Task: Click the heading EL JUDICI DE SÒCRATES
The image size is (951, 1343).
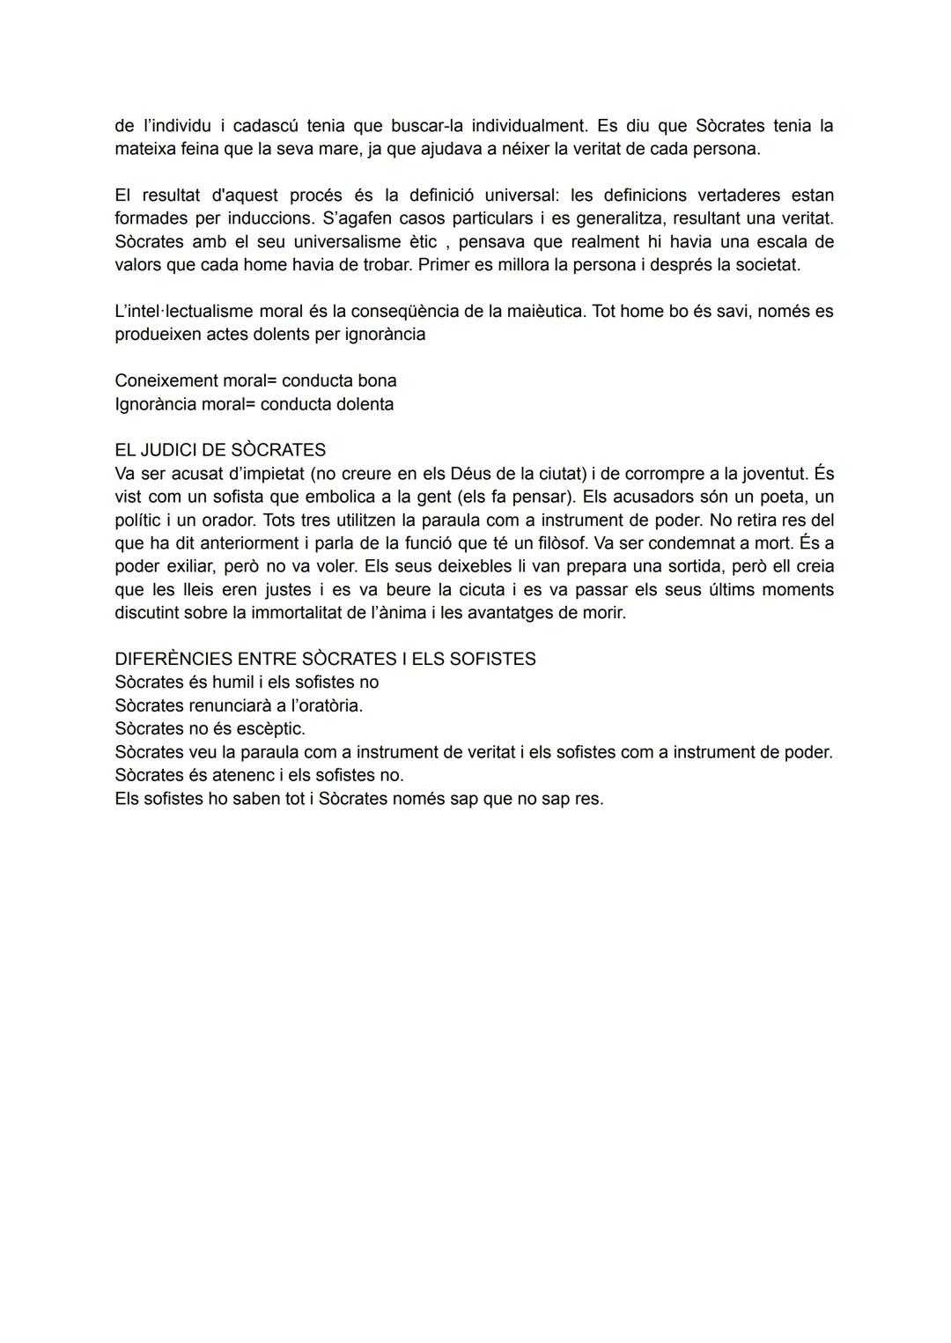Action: click(220, 450)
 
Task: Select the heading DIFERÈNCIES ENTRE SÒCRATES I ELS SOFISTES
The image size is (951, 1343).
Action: click(325, 659)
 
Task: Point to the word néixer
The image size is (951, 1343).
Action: click(526, 149)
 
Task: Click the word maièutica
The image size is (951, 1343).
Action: click(543, 311)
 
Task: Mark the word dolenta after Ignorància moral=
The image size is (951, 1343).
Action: click(359, 404)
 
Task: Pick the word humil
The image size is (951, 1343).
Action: click(232, 683)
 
